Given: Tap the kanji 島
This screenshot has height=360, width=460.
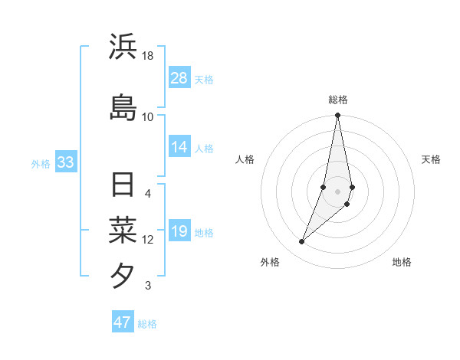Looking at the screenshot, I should tap(123, 106).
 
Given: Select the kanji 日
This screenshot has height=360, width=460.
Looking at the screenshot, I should tap(123, 185).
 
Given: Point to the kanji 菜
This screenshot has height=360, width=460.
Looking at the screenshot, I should tap(123, 231).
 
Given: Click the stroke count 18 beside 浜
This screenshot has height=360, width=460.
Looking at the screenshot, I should tap(148, 56).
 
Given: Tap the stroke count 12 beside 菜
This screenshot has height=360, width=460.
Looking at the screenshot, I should tap(148, 240).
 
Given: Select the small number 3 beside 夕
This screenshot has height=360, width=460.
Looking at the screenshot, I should tap(148, 286).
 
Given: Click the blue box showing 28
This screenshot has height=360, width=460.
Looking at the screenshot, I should tap(179, 78).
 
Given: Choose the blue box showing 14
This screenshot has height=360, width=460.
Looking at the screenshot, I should tap(179, 147).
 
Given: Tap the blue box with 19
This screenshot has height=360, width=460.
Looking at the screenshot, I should tap(179, 231).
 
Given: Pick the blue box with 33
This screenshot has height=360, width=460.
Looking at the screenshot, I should tap(64, 162).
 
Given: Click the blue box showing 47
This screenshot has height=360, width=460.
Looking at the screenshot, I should tap(122, 322).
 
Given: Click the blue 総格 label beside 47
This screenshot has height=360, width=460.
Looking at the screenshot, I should tap(147, 324).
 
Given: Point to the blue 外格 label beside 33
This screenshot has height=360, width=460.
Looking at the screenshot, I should tap(41, 163).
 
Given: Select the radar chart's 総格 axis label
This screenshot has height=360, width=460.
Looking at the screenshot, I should tap(338, 100).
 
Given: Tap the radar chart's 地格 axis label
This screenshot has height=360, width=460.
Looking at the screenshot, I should tap(402, 262).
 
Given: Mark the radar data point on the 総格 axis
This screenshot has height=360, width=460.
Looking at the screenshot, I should tap(337, 116).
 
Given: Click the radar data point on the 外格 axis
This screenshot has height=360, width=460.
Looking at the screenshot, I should tap(301, 242).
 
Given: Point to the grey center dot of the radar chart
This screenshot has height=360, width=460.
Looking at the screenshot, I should tap(337, 191).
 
